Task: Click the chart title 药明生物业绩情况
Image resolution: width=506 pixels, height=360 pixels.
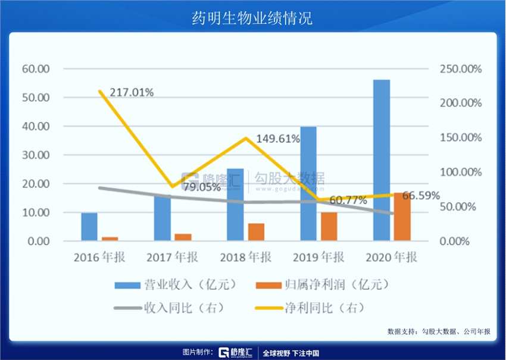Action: [252, 17]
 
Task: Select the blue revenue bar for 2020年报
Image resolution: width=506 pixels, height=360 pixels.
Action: [382, 161]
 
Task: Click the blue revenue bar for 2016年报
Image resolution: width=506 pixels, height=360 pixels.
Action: [89, 227]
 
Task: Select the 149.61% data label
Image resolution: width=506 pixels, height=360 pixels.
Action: [278, 139]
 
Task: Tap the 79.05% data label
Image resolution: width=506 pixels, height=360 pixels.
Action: [202, 187]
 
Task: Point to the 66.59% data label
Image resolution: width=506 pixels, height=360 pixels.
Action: [421, 195]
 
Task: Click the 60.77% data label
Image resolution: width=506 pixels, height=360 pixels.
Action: [348, 200]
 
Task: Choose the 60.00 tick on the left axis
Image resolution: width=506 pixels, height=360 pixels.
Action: [36, 69]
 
